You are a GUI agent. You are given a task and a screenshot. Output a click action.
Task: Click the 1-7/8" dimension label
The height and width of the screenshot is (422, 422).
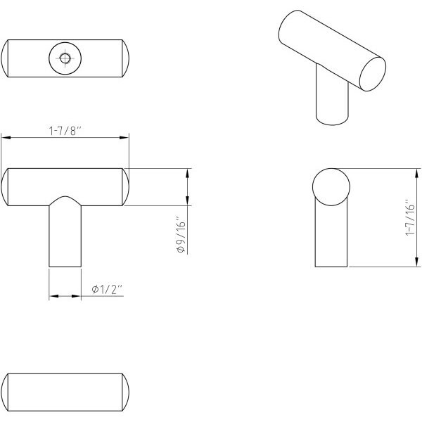point(65,131)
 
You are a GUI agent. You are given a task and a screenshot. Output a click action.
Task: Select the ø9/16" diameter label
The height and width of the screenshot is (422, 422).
point(181,234)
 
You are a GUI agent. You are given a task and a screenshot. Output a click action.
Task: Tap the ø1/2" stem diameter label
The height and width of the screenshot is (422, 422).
point(107,290)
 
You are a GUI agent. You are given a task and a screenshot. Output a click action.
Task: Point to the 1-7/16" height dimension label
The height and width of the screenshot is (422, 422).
point(410,218)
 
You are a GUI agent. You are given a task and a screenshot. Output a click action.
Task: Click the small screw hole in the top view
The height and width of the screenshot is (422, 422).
point(65,58)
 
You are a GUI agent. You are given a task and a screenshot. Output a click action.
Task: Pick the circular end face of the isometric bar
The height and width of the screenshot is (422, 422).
point(373,74)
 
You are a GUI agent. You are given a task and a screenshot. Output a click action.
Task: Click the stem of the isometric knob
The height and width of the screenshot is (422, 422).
point(332,97)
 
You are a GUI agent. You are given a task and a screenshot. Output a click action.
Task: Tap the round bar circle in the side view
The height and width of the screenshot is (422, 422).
point(331,187)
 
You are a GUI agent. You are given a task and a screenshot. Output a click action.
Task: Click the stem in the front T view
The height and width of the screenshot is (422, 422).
point(65,234)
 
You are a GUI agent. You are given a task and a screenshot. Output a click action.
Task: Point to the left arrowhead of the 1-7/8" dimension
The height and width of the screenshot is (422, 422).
point(6,138)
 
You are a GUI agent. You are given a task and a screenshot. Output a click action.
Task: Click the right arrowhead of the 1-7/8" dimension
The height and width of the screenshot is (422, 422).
point(124,138)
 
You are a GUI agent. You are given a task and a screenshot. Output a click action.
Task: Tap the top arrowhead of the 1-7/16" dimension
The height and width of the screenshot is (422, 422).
point(416,173)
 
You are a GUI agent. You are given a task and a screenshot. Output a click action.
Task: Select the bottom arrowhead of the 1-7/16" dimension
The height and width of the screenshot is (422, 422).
point(416,262)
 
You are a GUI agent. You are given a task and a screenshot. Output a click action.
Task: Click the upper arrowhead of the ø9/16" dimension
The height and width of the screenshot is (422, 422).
point(187,173)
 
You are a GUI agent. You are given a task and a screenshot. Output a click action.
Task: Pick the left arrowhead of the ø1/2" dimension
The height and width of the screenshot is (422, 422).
point(54,296)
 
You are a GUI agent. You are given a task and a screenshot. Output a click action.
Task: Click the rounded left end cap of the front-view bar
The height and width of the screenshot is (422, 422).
point(4,187)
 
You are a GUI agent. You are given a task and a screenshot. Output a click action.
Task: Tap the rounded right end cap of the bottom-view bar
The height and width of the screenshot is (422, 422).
point(127,392)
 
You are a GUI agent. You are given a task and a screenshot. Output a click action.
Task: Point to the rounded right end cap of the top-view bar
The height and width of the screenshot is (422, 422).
point(127,58)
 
